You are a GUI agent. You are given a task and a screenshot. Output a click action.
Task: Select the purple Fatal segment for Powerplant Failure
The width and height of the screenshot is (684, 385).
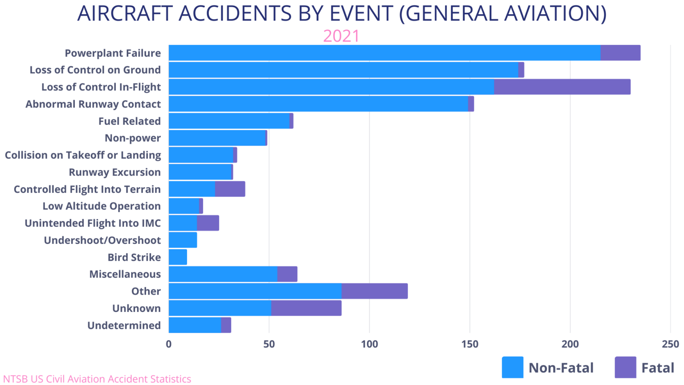(635, 53)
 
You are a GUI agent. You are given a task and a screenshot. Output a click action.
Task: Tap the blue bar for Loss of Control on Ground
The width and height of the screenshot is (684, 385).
(343, 70)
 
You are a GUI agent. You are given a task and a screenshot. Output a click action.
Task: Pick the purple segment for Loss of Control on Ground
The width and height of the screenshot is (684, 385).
(544, 70)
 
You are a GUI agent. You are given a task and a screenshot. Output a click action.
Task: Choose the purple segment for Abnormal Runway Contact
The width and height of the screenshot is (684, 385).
(519, 104)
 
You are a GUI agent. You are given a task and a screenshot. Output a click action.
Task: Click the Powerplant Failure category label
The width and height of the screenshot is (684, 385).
(111, 53)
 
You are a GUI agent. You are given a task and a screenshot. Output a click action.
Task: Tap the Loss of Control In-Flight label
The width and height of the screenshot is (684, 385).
(98, 86)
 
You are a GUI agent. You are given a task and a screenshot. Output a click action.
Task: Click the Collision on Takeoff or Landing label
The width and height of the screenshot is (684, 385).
(85, 155)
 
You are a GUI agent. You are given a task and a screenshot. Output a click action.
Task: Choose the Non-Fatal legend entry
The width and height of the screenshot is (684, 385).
(559, 368)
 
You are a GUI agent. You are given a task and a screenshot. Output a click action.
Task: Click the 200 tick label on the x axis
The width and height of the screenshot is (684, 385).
(570, 344)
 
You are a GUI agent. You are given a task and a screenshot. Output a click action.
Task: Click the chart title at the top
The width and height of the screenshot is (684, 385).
(342, 14)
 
